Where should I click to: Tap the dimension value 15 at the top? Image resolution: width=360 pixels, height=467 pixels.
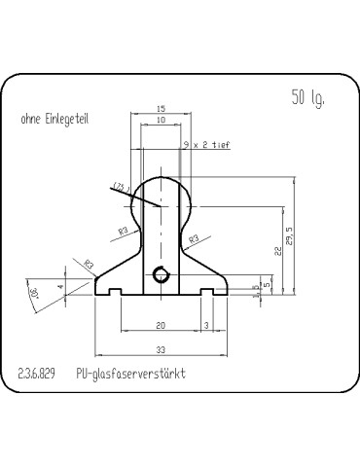[162, 109]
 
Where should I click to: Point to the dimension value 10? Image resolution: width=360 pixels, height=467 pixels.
[162, 120]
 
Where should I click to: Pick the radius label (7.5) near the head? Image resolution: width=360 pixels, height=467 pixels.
[121, 186]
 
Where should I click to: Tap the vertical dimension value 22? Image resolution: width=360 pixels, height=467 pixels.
[278, 251]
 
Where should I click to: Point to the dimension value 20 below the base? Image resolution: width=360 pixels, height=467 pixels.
[162, 325]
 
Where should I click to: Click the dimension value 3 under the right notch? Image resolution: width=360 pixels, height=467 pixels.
[206, 325]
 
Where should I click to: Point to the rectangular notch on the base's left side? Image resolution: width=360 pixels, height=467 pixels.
[116, 292]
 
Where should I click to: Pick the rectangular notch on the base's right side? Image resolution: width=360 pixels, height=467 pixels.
[206, 292]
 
